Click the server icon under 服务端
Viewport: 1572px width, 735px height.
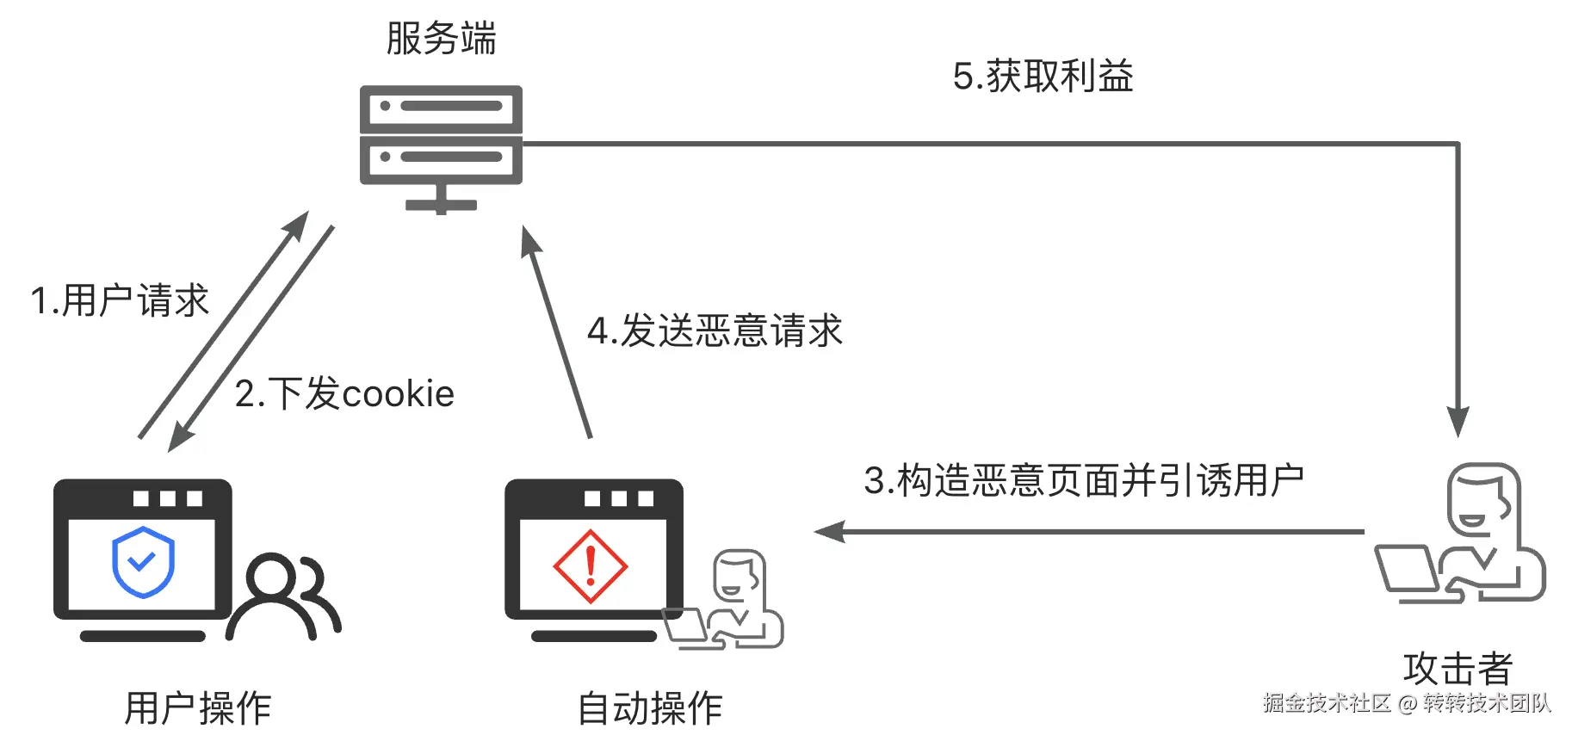click(441, 146)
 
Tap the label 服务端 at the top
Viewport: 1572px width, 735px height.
click(441, 39)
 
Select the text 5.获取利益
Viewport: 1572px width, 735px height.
click(1043, 77)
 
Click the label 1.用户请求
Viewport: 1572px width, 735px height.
click(120, 301)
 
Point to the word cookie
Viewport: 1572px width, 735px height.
click(398, 394)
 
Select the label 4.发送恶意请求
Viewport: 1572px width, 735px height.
click(714, 331)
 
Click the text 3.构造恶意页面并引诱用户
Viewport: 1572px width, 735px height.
click(1083, 480)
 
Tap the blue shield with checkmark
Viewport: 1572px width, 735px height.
click(143, 562)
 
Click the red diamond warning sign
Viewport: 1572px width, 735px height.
click(591, 566)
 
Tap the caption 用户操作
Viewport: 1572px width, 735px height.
click(197, 708)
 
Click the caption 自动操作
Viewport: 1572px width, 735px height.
click(649, 708)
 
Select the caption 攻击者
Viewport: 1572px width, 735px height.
click(1458, 669)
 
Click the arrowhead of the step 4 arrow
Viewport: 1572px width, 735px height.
click(530, 241)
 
